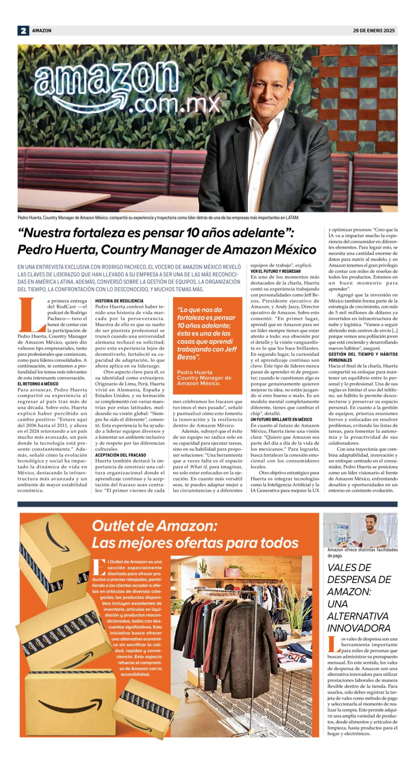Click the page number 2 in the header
(x=23, y=31)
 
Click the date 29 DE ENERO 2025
(x=374, y=31)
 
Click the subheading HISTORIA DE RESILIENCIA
(x=119, y=301)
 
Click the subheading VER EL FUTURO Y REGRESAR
(x=276, y=271)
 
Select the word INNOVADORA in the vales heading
(x=358, y=628)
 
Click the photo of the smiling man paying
(x=360, y=530)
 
